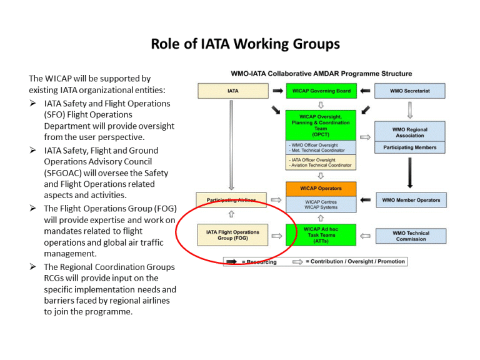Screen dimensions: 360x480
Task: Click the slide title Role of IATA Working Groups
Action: click(245, 44)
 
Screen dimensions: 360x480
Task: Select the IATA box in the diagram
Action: click(232, 91)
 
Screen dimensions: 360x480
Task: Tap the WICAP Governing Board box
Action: click(321, 91)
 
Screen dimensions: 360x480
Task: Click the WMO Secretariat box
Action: click(409, 91)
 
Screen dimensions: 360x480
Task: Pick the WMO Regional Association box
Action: click(409, 132)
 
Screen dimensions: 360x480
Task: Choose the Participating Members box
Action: click(409, 148)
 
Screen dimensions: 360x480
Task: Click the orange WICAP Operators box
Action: click(321, 188)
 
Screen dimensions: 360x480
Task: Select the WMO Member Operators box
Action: click(411, 201)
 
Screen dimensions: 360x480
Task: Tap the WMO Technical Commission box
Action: click(411, 236)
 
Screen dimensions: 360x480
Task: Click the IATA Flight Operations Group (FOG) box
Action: click(232, 236)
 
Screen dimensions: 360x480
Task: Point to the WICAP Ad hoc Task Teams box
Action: click(321, 236)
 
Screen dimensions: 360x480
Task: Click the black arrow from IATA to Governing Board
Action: click(277, 91)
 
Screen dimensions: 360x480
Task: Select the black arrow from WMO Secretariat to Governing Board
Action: click(365, 91)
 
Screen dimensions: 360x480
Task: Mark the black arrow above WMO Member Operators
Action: click(409, 172)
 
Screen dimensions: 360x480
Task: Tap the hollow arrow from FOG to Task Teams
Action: click(277, 236)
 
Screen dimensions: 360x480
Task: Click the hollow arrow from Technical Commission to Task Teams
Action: click(365, 236)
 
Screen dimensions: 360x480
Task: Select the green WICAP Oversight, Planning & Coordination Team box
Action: click(321, 125)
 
